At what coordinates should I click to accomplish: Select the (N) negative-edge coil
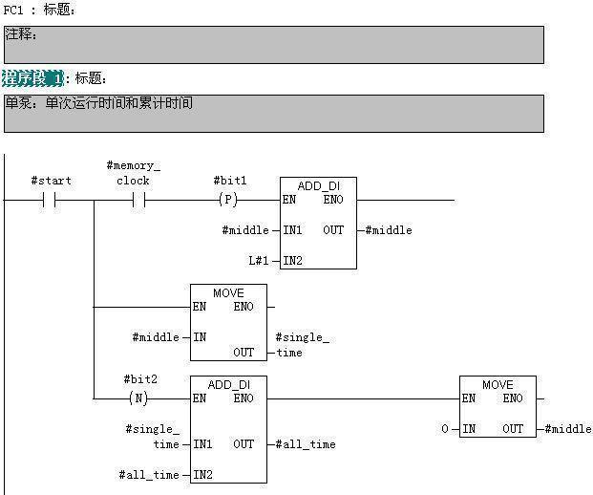click(x=138, y=398)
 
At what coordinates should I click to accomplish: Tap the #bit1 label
click(x=230, y=180)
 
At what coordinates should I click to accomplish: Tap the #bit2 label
click(x=139, y=379)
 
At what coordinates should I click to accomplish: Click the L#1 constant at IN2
click(x=261, y=260)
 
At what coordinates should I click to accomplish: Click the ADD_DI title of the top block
click(x=318, y=185)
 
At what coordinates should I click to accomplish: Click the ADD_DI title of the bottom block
click(x=227, y=384)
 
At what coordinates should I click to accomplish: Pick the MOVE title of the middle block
click(x=228, y=292)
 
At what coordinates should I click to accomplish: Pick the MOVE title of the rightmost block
click(x=498, y=384)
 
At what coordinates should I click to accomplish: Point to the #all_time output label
click(x=307, y=444)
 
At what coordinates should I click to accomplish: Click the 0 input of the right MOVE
click(x=445, y=429)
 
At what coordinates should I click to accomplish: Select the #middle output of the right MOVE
click(x=568, y=429)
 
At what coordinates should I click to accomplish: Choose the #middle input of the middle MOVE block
click(x=156, y=337)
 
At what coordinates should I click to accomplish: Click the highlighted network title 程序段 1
click(x=32, y=77)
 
